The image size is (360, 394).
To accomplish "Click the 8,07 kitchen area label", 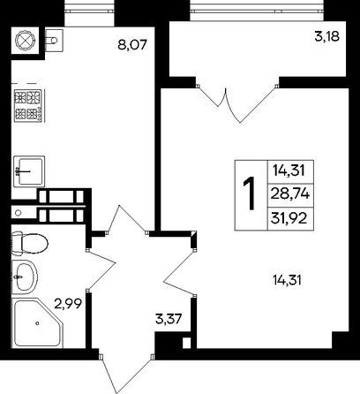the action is tap(131, 45).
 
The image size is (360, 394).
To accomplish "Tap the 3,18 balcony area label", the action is tap(326, 37).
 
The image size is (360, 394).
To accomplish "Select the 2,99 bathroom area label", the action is tap(68, 303).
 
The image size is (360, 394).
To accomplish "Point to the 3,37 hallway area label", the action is tap(169, 319).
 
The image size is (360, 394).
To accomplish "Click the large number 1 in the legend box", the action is tap(249, 194).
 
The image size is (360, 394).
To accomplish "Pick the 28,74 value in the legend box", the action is tap(290, 194).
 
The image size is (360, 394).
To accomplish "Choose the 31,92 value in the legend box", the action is tap(289, 218).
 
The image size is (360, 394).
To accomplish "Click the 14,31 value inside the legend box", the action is tap(289, 170).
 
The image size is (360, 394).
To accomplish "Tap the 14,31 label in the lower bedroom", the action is tap(287, 280).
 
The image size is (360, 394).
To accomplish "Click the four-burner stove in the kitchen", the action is tap(28, 105).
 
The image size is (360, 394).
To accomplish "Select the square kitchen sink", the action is tap(29, 171).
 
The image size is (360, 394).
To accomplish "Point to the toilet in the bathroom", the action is tap(29, 244).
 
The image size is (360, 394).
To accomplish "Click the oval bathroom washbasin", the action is tap(25, 277).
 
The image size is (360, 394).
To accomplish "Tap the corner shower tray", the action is tap(37, 323).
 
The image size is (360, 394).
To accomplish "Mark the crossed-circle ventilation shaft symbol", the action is tap(25, 40).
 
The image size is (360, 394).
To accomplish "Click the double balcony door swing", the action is tap(237, 104).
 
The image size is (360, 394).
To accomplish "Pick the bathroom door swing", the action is tap(101, 269).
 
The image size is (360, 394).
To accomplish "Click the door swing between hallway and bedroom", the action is tap(179, 272).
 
